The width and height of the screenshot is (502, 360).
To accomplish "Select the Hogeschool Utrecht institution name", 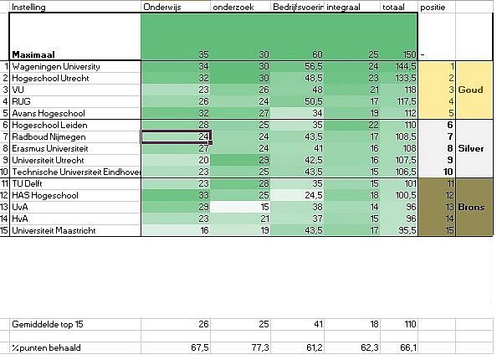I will tap(51, 77).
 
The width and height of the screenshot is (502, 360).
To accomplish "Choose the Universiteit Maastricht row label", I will tap(53, 230).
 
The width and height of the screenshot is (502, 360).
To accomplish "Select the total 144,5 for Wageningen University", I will tap(406, 65).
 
